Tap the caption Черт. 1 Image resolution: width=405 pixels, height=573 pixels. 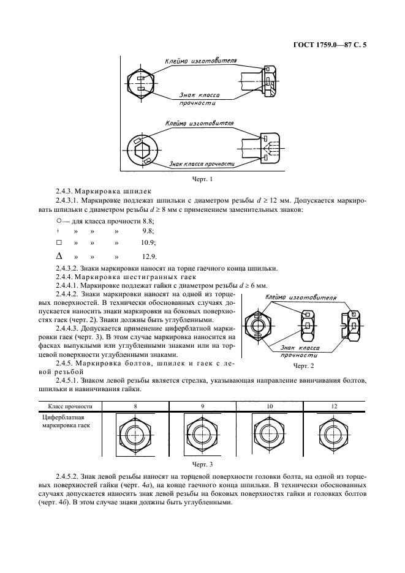click(202, 180)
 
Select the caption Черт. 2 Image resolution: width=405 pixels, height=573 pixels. click(303, 365)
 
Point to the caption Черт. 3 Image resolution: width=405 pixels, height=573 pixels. click(202, 465)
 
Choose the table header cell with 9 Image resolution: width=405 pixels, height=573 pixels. click(202, 406)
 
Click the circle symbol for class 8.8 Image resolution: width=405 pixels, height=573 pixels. click(58, 220)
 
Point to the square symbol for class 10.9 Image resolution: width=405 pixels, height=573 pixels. click(59, 243)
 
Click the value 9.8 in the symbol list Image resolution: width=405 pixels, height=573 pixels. click(148, 231)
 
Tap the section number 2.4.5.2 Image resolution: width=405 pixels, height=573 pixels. click(68, 476)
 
